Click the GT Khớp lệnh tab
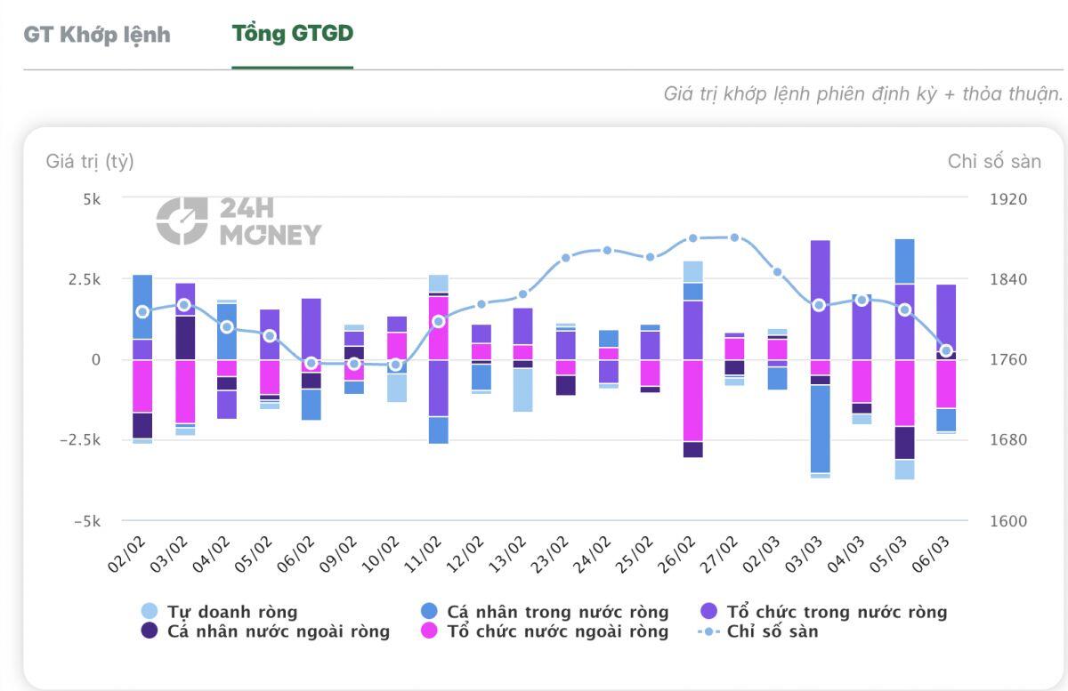pos(96,34)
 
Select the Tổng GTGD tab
pos(292,34)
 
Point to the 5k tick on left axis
pos(93,199)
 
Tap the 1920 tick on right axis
pos(1008,199)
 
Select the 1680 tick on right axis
pos(1008,440)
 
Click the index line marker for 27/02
pos(734,237)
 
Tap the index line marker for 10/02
pos(396,365)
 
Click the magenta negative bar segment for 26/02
pos(692,400)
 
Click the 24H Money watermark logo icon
pos(182,221)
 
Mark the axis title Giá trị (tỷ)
pos(90,162)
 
